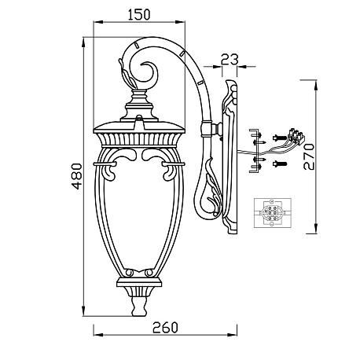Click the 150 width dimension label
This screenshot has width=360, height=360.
click(x=139, y=15)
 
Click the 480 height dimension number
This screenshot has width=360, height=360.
click(x=77, y=176)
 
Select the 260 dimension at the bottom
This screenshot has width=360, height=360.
click(x=165, y=328)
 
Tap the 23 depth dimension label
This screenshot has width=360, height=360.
click(x=230, y=59)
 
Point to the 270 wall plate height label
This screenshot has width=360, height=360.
click(x=309, y=156)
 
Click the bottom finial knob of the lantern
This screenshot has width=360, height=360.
click(x=138, y=306)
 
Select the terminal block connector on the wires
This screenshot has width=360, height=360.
click(x=296, y=136)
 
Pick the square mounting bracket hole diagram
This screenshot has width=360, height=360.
click(x=273, y=213)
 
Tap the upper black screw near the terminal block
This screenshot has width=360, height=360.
click(x=280, y=138)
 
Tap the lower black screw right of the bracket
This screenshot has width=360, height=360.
click(x=280, y=164)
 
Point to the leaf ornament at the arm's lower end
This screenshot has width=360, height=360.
click(x=213, y=189)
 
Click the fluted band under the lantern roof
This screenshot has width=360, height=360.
click(x=139, y=139)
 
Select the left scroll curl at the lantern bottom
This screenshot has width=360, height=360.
click(x=129, y=273)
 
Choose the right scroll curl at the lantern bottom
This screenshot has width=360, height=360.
click(x=149, y=273)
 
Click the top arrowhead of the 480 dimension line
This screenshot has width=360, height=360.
click(x=83, y=42)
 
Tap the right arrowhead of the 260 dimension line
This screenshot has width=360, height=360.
click(x=232, y=335)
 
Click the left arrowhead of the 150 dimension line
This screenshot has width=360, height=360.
click(x=98, y=22)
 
